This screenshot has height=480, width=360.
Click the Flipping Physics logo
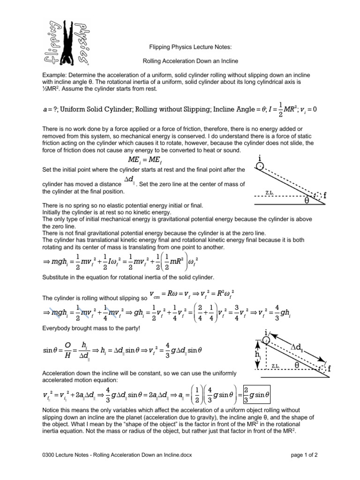[x=70, y=43]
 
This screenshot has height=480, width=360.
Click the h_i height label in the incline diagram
[x=257, y=355]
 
